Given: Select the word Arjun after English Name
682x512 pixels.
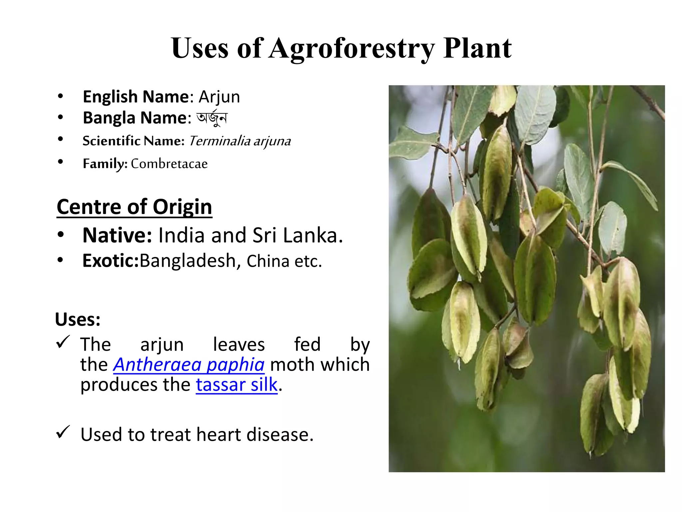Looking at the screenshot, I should pyautogui.click(x=219, y=97).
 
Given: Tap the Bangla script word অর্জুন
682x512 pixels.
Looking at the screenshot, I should pyautogui.click(x=212, y=118).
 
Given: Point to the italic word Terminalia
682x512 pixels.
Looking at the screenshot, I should pyautogui.click(x=219, y=141).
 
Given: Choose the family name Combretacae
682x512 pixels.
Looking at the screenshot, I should pyautogui.click(x=169, y=164).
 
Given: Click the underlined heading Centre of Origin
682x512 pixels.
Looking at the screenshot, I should pyautogui.click(x=134, y=207).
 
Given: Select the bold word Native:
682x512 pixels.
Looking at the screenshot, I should pyautogui.click(x=117, y=235).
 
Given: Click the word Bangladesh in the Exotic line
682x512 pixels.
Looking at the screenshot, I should pyautogui.click(x=188, y=261).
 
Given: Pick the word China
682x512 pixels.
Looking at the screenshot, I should pyautogui.click(x=268, y=261).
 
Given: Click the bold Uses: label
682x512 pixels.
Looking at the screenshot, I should pyautogui.click(x=78, y=319).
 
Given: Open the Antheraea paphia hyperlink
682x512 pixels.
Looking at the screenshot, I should pyautogui.click(x=189, y=364).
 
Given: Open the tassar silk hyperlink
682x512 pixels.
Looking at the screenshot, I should pyautogui.click(x=236, y=385).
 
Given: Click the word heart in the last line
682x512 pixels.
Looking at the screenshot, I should pyautogui.click(x=218, y=435).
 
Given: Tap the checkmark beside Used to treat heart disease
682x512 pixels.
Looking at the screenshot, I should pyautogui.click(x=63, y=432).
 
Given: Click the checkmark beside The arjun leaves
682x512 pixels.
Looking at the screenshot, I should pyautogui.click(x=63, y=342).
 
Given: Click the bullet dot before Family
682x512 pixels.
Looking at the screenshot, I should pyautogui.click(x=60, y=162).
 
